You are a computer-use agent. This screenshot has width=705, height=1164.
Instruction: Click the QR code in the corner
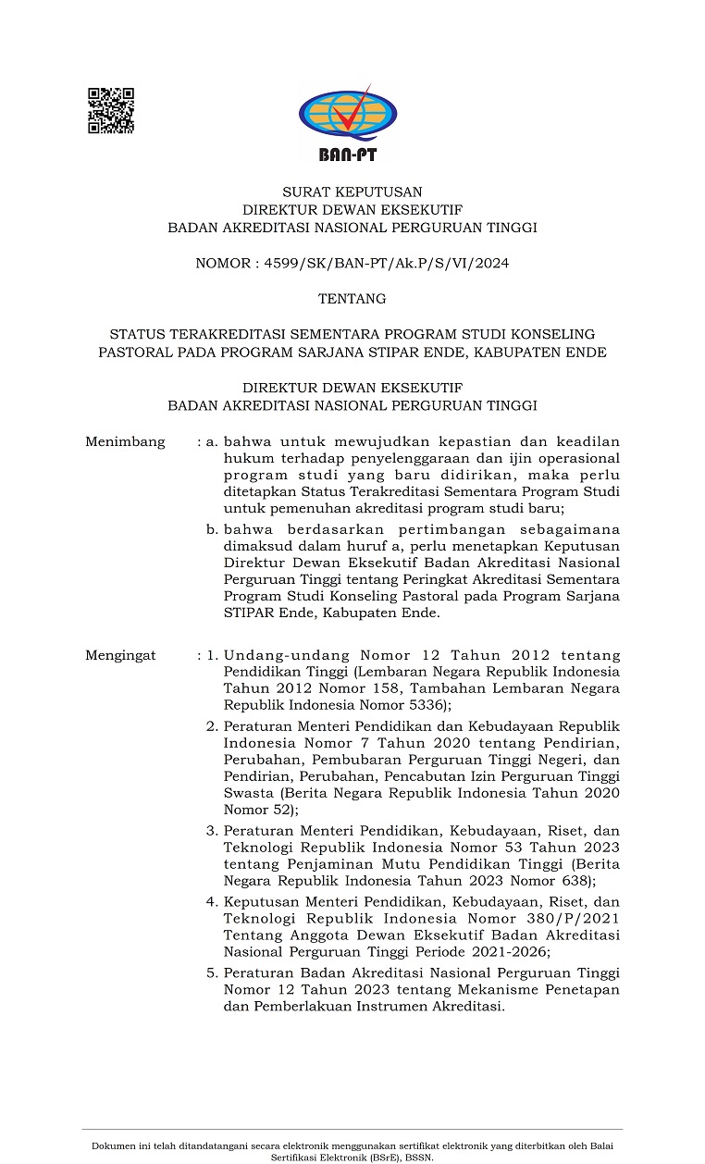click(111, 111)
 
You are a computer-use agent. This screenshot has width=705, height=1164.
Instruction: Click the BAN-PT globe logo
click(347, 121)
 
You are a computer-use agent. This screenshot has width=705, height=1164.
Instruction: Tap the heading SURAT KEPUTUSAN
click(352, 192)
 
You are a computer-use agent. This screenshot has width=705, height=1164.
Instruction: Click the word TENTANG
click(352, 299)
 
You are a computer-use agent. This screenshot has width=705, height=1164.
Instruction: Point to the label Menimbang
click(125, 441)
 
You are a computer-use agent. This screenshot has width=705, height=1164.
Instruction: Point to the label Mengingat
click(121, 655)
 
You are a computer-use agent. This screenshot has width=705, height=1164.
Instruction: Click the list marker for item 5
click(211, 972)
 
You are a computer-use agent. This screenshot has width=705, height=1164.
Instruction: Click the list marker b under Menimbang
click(212, 529)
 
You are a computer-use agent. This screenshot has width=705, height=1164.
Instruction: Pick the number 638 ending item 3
click(574, 880)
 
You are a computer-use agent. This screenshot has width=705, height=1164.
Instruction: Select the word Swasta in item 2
click(248, 793)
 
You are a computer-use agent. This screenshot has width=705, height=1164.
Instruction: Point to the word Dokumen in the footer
click(113, 1146)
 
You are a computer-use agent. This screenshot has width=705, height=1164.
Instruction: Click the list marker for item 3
click(211, 830)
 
